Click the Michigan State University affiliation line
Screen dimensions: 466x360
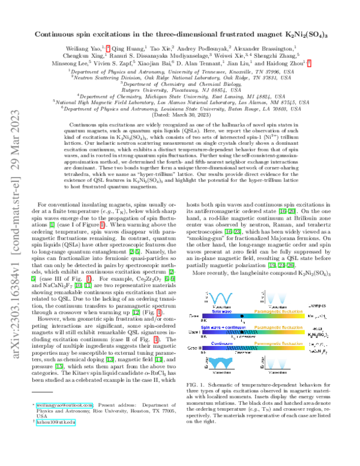pyautogui.click(x=179, y=95)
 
